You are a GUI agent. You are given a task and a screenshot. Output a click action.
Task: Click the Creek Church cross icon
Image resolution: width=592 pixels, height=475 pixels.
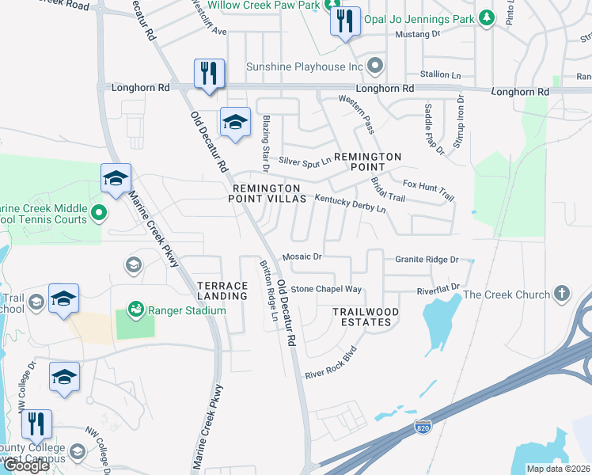tap(562, 294)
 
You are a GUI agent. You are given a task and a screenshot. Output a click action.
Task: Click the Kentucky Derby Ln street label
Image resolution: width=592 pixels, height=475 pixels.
tap(350, 203)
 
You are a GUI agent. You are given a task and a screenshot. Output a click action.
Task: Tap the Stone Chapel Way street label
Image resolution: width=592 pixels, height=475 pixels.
tap(326, 290)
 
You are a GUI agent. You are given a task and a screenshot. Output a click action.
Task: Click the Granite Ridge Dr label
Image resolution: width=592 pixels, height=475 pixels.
tap(427, 259)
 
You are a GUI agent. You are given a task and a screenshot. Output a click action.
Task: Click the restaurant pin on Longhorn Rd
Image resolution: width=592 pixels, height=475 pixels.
tap(209, 73)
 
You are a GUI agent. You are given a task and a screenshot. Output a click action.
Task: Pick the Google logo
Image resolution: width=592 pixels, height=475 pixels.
tap(26, 465)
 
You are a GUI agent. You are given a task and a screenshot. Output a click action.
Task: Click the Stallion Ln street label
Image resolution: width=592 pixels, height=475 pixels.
tap(440, 74)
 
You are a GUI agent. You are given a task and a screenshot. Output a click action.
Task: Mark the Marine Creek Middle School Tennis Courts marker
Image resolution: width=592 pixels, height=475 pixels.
tap(98, 212)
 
